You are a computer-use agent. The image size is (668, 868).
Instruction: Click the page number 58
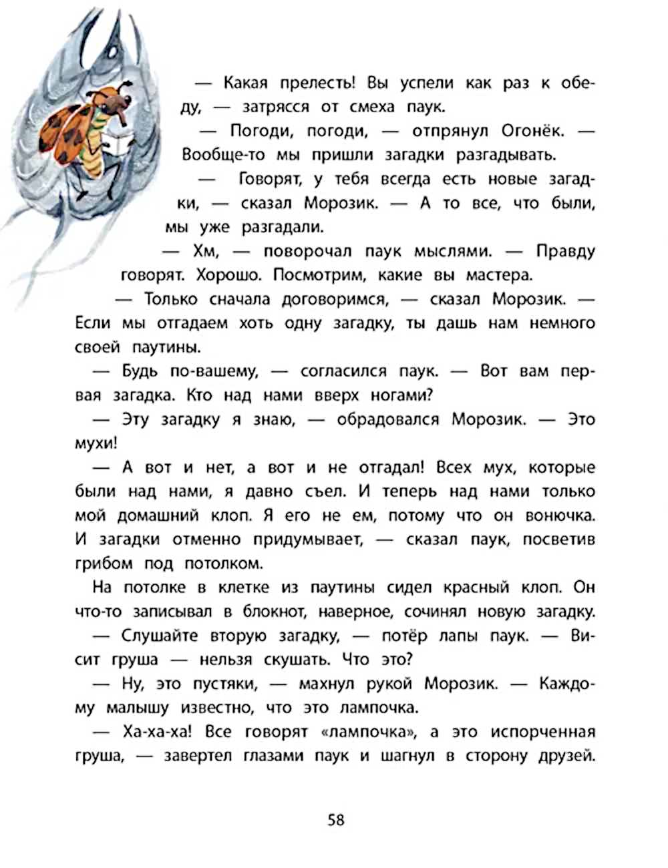336,819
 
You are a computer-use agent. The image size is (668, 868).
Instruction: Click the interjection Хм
202,251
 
